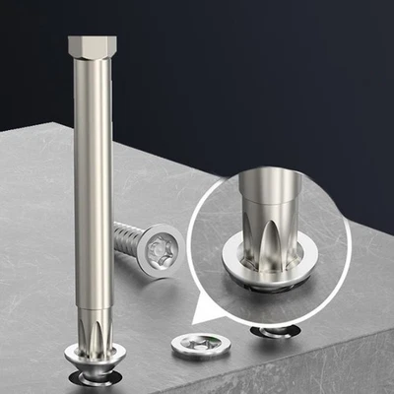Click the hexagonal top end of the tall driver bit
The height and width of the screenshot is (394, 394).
(x=93, y=45)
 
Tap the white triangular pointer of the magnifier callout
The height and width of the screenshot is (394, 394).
(x=212, y=314)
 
